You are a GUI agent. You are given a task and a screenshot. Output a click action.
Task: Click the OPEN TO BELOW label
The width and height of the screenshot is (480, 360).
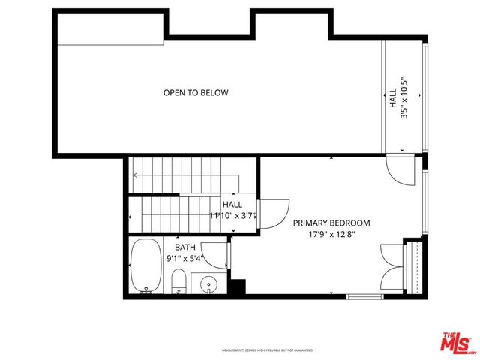[196, 93]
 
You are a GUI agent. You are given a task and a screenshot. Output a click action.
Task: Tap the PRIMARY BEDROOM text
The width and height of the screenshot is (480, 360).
[331, 223]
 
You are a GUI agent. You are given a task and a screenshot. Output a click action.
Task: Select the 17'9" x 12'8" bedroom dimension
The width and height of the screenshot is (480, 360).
[331, 234]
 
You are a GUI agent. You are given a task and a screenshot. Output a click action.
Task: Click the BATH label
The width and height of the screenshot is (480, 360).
[185, 247]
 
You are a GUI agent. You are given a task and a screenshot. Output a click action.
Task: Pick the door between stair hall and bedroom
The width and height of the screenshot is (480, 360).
[273, 211]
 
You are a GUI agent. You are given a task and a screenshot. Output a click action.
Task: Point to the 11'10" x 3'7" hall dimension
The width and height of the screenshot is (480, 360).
[233, 216]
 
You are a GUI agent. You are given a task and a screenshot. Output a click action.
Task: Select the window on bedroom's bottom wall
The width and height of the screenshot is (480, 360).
[364, 296]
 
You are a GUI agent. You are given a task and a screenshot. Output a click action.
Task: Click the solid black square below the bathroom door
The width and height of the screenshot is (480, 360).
[238, 287]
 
